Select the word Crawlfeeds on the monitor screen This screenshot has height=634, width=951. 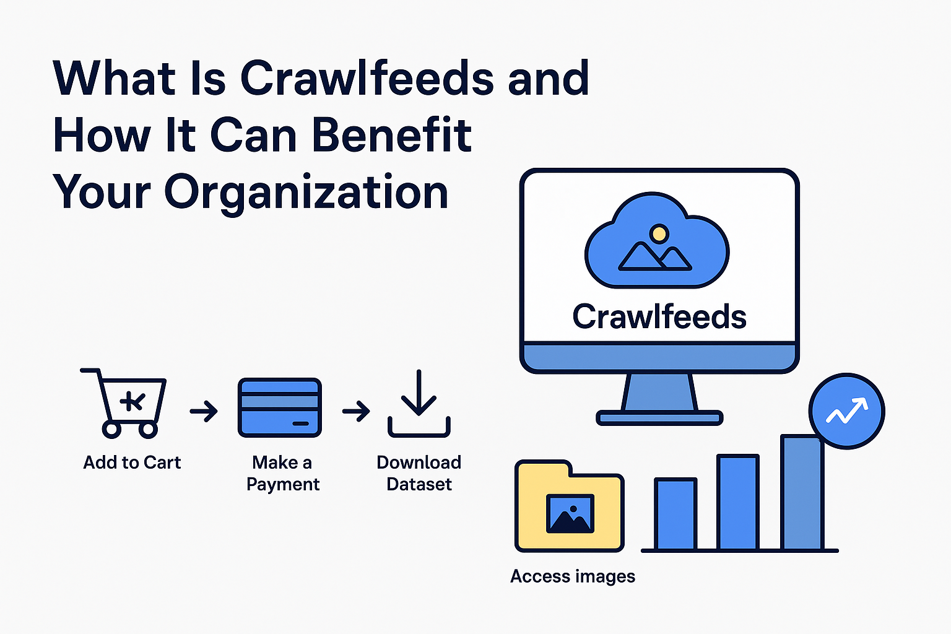pos(659,317)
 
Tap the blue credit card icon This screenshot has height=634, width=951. pos(279,407)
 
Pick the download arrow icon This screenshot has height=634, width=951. pos(419,404)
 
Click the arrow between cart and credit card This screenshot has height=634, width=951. pos(204,411)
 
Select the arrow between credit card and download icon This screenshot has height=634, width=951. pos(356,411)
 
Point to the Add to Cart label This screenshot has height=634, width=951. pos(132,462)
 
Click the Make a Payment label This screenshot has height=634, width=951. pos(283,474)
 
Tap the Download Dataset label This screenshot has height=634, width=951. pos(419,474)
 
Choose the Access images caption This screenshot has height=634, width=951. pos(573,576)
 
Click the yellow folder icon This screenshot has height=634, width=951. pos(570,506)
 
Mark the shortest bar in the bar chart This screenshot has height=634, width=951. pos(675,514)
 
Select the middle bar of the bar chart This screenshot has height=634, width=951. pos(738,502)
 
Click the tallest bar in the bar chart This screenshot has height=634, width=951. pos(802,493)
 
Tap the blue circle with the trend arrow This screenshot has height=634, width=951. pos(847,411)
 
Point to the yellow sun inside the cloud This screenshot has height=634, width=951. pos(659,233)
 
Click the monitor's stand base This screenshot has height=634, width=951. pos(659,418)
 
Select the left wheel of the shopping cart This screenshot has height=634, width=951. pos(111,429)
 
